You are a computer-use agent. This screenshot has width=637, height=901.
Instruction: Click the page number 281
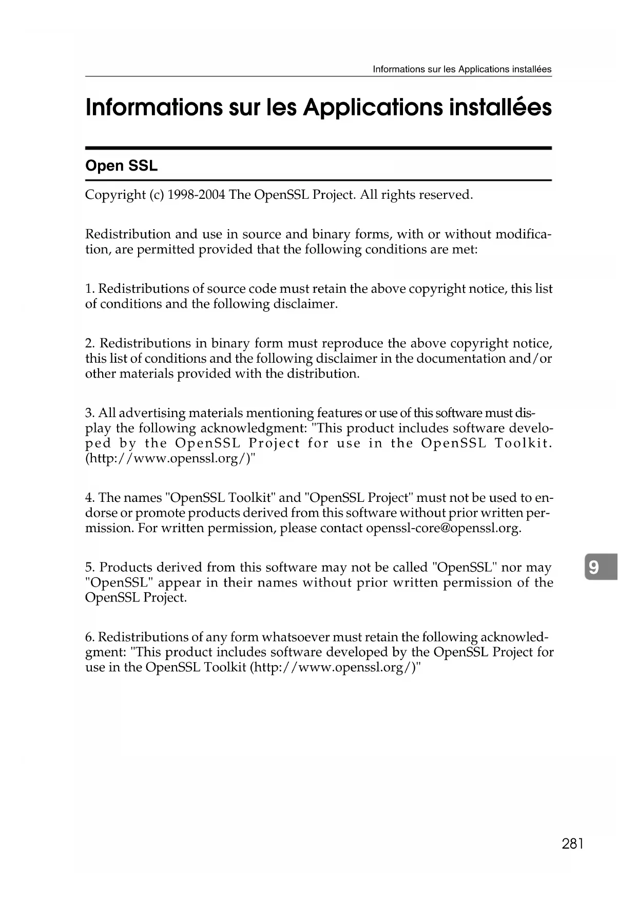pyautogui.click(x=573, y=843)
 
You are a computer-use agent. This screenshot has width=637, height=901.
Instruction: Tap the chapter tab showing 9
pyautogui.click(x=594, y=567)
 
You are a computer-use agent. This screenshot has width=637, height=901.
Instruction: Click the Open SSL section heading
pyautogui.click(x=121, y=166)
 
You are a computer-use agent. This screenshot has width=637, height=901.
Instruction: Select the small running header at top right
pyautogui.click(x=461, y=69)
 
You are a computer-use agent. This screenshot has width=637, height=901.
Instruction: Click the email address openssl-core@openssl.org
pyautogui.click(x=443, y=528)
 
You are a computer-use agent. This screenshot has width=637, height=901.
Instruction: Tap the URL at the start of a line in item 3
pyautogui.click(x=170, y=458)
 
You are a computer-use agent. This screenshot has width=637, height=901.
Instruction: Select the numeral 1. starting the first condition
pyautogui.click(x=90, y=289)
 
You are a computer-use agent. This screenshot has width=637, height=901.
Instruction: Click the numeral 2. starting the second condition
pyautogui.click(x=90, y=343)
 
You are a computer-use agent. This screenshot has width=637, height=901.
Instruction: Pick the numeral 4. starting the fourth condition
pyautogui.click(x=90, y=498)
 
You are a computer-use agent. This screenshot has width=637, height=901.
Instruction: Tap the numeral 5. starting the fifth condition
pyautogui.click(x=90, y=568)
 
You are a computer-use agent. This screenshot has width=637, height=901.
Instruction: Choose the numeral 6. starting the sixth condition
pyautogui.click(x=90, y=637)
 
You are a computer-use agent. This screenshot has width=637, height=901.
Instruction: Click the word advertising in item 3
pyautogui.click(x=152, y=413)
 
